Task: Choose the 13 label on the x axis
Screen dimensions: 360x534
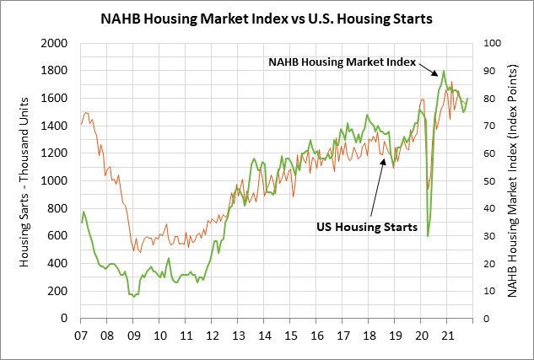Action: pos(238,333)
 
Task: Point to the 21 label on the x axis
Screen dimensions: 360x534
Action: pos(448,333)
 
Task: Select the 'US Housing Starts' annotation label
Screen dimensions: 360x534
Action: pos(367,227)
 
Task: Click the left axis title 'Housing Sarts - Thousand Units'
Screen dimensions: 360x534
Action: pos(26,180)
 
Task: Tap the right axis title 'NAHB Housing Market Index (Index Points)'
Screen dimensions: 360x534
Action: pos(512,180)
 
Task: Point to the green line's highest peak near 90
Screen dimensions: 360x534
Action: pos(444,72)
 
